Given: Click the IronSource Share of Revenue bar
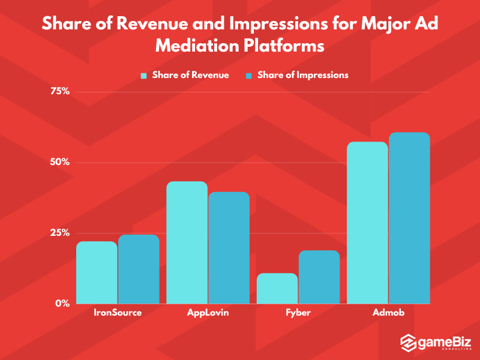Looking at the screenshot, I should pyautogui.click(x=97, y=272).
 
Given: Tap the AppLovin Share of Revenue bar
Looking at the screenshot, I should pyautogui.click(x=187, y=242).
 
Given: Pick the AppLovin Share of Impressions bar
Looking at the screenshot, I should pyautogui.click(x=229, y=248).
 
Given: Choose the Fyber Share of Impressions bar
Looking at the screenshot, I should pyautogui.click(x=319, y=277).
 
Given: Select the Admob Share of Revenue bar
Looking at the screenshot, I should pyautogui.click(x=367, y=223).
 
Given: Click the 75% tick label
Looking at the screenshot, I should pyautogui.click(x=60, y=91).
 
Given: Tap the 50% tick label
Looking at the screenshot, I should pyautogui.click(x=60, y=162).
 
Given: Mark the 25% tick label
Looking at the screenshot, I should pyautogui.click(x=60, y=233).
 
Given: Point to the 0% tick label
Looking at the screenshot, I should pyautogui.click(x=62, y=303).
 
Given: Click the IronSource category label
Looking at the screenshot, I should pyautogui.click(x=118, y=314).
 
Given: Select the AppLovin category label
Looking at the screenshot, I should pyautogui.click(x=208, y=314).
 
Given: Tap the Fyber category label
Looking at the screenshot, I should pyautogui.click(x=298, y=314).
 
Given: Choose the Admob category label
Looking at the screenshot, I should pyautogui.click(x=388, y=314).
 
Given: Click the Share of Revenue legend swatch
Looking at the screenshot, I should pyautogui.click(x=143, y=76).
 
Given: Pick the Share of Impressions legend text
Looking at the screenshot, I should pyautogui.click(x=302, y=75).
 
